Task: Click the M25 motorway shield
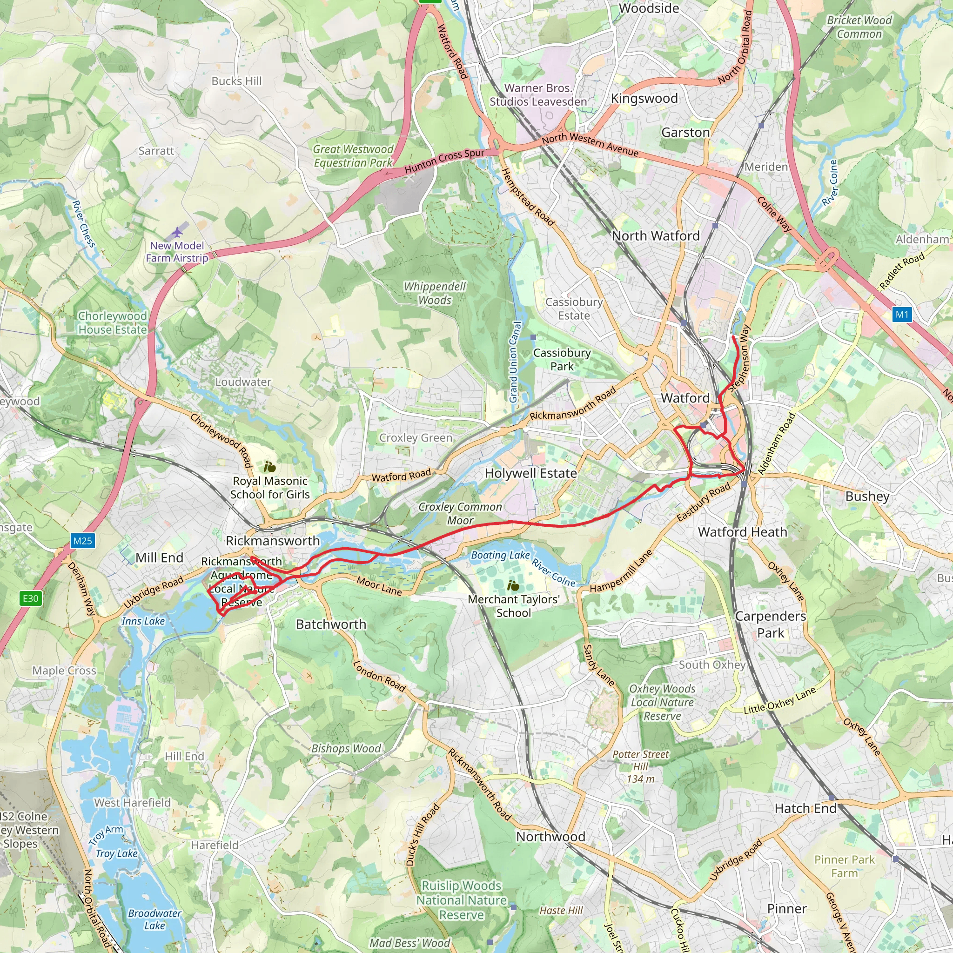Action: [82, 541]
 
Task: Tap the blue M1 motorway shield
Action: [902, 314]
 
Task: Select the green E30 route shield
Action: [30, 598]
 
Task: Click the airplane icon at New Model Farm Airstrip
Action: [177, 232]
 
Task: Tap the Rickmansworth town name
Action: [273, 541]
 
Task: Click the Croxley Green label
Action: [416, 437]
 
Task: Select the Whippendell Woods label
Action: [435, 293]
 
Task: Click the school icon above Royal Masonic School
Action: [269, 467]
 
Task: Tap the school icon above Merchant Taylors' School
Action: [513, 586]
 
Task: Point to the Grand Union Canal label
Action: [515, 362]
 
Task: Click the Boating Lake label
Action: [500, 555]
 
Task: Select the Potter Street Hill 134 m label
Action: [640, 766]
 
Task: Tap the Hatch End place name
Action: [805, 808]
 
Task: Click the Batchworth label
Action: [331, 624]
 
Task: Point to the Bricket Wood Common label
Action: [859, 27]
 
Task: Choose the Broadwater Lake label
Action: [154, 919]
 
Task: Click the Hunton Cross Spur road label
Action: [444, 161]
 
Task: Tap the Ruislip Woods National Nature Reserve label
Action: [461, 900]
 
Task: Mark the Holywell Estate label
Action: [530, 473]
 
